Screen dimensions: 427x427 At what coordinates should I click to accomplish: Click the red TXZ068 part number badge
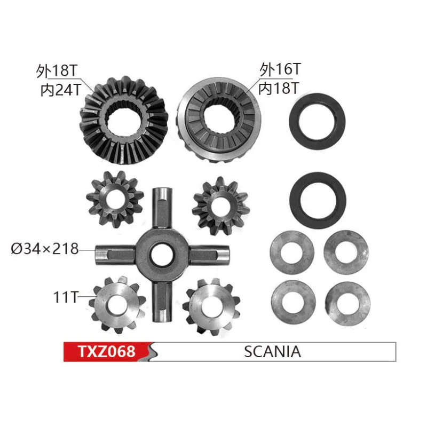pyautogui.click(x=107, y=352)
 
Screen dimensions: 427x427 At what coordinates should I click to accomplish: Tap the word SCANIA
pyautogui.click(x=272, y=352)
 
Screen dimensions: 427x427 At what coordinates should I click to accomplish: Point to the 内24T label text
pyautogui.click(x=61, y=90)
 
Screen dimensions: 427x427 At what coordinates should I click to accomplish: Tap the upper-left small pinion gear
pyautogui.click(x=115, y=199)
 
